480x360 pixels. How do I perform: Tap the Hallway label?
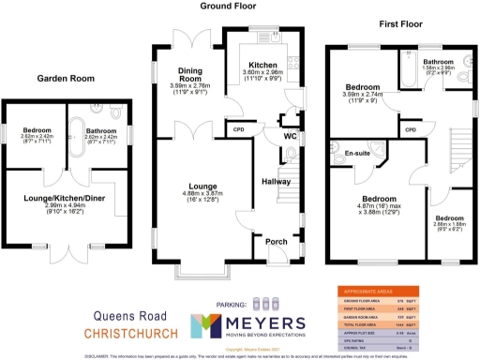[276, 181]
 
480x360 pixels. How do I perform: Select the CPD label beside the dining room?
[238, 129]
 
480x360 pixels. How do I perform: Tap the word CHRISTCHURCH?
[131, 333]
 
